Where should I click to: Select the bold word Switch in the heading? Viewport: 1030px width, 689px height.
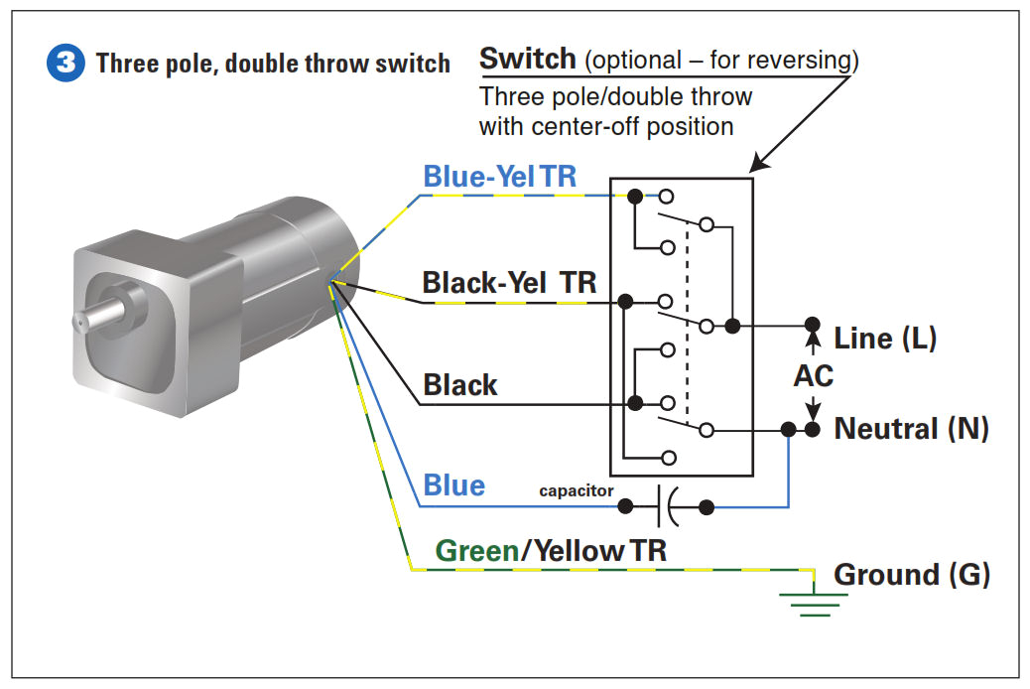(x=527, y=59)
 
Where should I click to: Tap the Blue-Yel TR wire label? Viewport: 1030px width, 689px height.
(x=500, y=177)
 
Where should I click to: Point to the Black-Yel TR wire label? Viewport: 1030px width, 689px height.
(x=509, y=283)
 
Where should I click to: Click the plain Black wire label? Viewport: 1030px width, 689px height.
(x=459, y=385)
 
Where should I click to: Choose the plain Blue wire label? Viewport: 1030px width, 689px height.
(x=453, y=485)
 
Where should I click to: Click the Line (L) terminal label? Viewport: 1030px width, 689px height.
(x=885, y=338)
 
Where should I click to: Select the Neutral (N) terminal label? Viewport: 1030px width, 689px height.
(x=911, y=429)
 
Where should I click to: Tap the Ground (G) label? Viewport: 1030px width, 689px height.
(x=911, y=575)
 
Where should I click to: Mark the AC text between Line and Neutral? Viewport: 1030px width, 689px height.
(x=814, y=377)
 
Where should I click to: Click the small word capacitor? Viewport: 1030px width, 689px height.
(x=576, y=491)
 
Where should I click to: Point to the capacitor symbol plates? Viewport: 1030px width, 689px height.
(x=666, y=507)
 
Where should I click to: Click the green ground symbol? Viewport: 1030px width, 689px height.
(x=814, y=602)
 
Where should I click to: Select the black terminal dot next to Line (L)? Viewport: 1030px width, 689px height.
(x=812, y=325)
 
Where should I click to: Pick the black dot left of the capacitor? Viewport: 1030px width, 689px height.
(x=625, y=507)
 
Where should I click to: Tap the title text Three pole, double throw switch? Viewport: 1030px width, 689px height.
(x=273, y=65)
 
